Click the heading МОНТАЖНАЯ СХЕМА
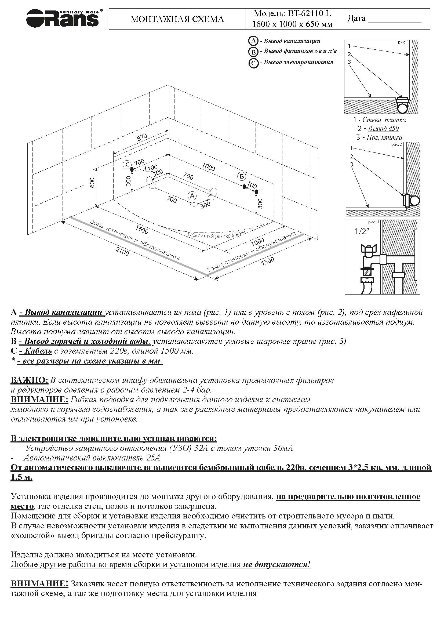point(177,19)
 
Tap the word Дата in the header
point(356,19)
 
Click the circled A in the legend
point(253,41)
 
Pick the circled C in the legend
point(253,63)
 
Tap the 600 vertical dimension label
point(92,183)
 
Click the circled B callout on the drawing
point(242,176)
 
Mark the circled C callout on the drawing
point(127,165)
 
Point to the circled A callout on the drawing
point(192,195)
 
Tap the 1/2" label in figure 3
point(362,232)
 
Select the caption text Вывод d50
point(383,129)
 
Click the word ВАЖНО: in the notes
point(29,380)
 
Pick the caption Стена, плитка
point(384,120)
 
